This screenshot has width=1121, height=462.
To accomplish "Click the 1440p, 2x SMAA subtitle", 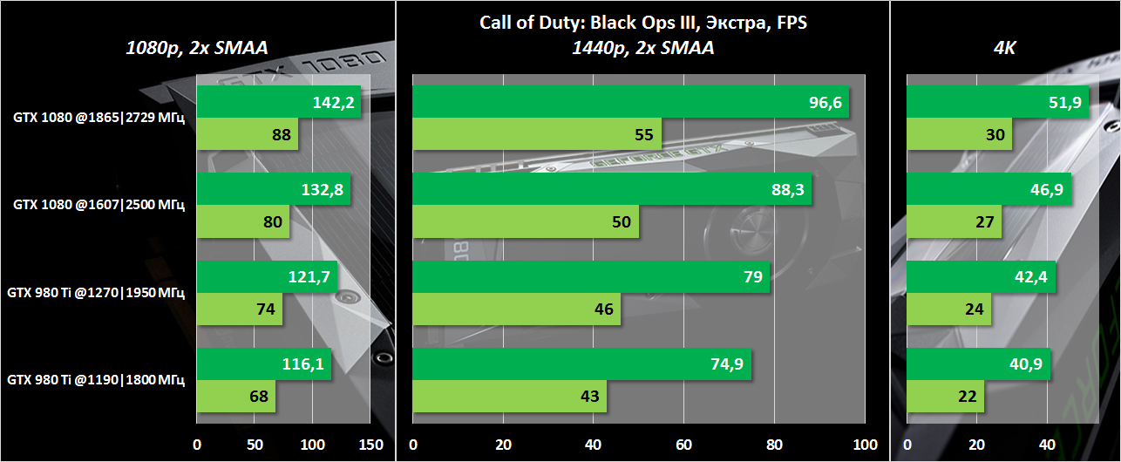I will pyautogui.click(x=643, y=49).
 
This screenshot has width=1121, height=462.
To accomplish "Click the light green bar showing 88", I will pyautogui.click(x=248, y=134).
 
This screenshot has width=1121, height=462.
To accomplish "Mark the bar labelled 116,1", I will pyautogui.click(x=264, y=364).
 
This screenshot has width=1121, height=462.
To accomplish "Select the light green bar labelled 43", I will pyautogui.click(x=509, y=396).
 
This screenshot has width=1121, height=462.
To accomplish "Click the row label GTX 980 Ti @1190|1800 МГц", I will pyautogui.click(x=96, y=380).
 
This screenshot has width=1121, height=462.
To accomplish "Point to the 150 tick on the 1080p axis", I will pyautogui.click(x=370, y=445).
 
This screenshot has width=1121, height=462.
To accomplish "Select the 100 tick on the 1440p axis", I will pyautogui.click(x=865, y=445).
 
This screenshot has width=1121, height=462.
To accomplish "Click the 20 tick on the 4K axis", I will pyautogui.click(x=977, y=445).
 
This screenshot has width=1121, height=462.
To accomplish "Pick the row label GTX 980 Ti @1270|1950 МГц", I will pyautogui.click(x=96, y=293).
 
